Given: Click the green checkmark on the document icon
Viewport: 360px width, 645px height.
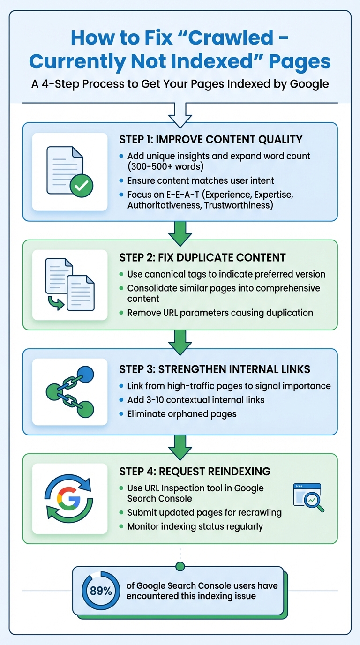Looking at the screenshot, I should click(x=81, y=187).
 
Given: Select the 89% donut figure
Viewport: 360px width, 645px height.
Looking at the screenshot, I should click(x=101, y=591).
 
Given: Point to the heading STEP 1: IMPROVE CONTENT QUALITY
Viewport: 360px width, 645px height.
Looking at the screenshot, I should click(x=210, y=139).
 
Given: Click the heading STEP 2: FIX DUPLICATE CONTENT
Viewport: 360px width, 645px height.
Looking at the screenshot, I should click(x=202, y=257).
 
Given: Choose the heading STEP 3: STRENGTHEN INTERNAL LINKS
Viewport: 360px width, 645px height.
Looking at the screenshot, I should click(x=215, y=369).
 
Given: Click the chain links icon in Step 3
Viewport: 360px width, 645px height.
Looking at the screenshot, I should click(x=70, y=391).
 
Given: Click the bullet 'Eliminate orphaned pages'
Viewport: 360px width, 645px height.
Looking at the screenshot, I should click(x=182, y=413).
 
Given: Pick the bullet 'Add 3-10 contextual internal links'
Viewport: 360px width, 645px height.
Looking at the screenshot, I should click(x=196, y=400).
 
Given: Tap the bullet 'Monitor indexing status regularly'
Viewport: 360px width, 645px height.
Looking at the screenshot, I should click(x=195, y=526).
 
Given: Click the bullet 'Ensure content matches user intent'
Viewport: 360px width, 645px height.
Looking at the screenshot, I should click(x=201, y=180).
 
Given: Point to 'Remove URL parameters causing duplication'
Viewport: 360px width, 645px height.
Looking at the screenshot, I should click(x=220, y=312).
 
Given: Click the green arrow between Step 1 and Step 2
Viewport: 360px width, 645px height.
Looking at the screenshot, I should click(x=180, y=233).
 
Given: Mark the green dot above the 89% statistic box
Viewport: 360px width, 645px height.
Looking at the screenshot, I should click(x=180, y=567).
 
